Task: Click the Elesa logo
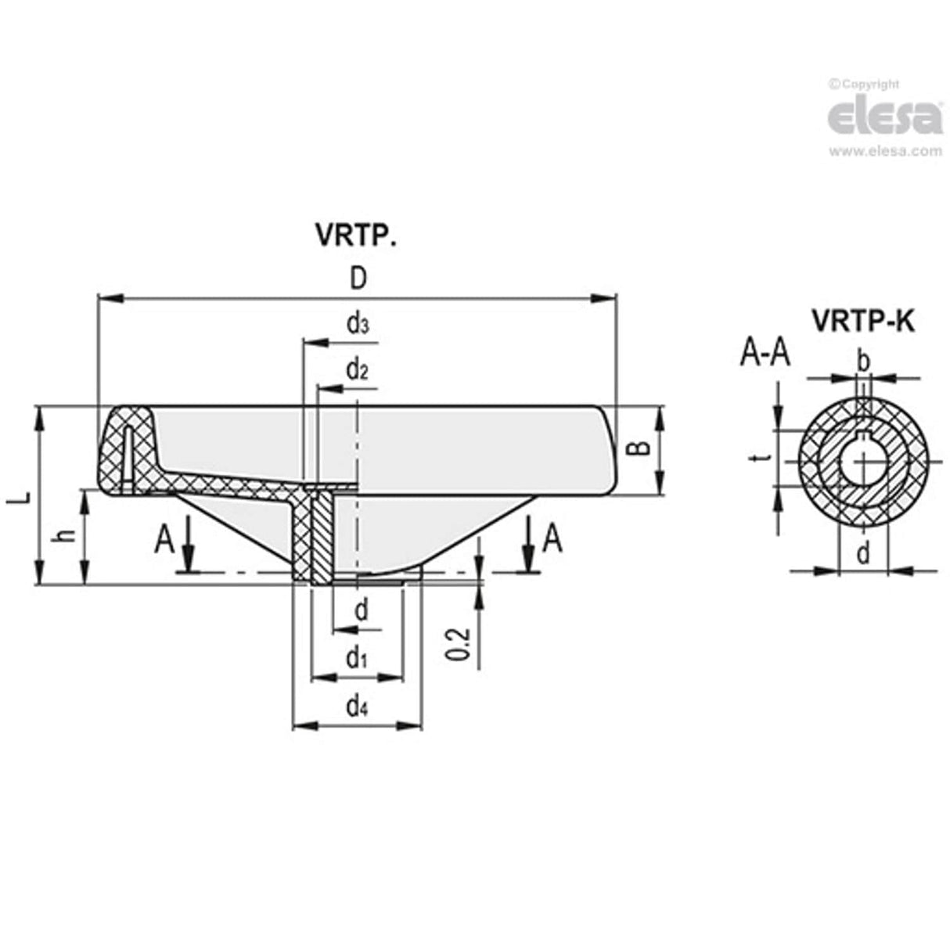pyautogui.click(x=885, y=118)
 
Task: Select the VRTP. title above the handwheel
pyautogui.click(x=355, y=235)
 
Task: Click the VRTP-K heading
pyautogui.click(x=862, y=321)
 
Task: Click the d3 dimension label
pyautogui.click(x=357, y=323)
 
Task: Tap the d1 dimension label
pyautogui.click(x=357, y=658)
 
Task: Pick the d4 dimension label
pyautogui.click(x=357, y=707)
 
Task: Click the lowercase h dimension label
pyautogui.click(x=67, y=535)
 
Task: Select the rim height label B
pyautogui.click(x=640, y=448)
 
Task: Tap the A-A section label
pyautogui.click(x=765, y=354)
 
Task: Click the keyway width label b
pyautogui.click(x=863, y=362)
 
